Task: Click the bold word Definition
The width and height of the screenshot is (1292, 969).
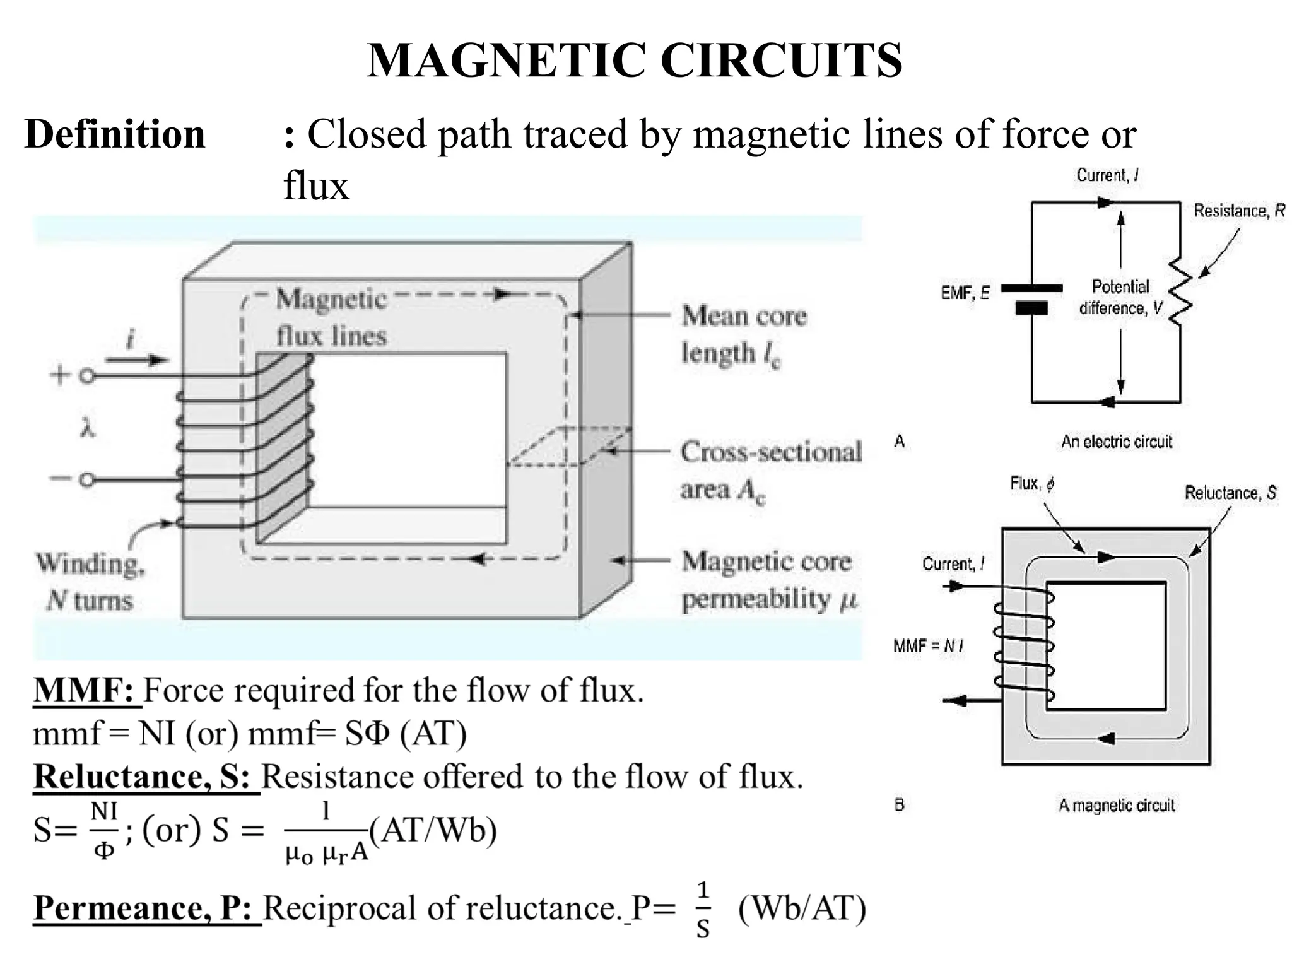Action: coord(115,134)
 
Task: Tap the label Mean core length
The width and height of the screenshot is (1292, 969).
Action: coord(743,334)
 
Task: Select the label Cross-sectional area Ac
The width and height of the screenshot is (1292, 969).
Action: coord(770,470)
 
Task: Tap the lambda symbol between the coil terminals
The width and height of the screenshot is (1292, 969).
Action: coord(88,430)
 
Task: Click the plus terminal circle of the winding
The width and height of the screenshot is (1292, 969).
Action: coord(88,376)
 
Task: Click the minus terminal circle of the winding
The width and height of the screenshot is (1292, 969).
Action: coord(87,480)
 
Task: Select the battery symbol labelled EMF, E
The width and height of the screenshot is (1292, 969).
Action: coord(1031,298)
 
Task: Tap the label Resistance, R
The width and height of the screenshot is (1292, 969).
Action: coord(1238,211)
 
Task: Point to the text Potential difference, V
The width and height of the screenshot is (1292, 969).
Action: coord(1120,297)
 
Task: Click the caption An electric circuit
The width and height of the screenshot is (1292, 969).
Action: coord(1116,442)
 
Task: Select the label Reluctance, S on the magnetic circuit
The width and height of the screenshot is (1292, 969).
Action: coord(1230,493)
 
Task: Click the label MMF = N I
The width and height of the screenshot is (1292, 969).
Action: coord(928,645)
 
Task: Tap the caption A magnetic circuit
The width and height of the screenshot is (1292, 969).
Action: coord(1116,805)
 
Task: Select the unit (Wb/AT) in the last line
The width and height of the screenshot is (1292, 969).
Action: coord(802,908)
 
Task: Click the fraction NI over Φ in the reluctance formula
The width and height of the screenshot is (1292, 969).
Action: coord(104,830)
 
